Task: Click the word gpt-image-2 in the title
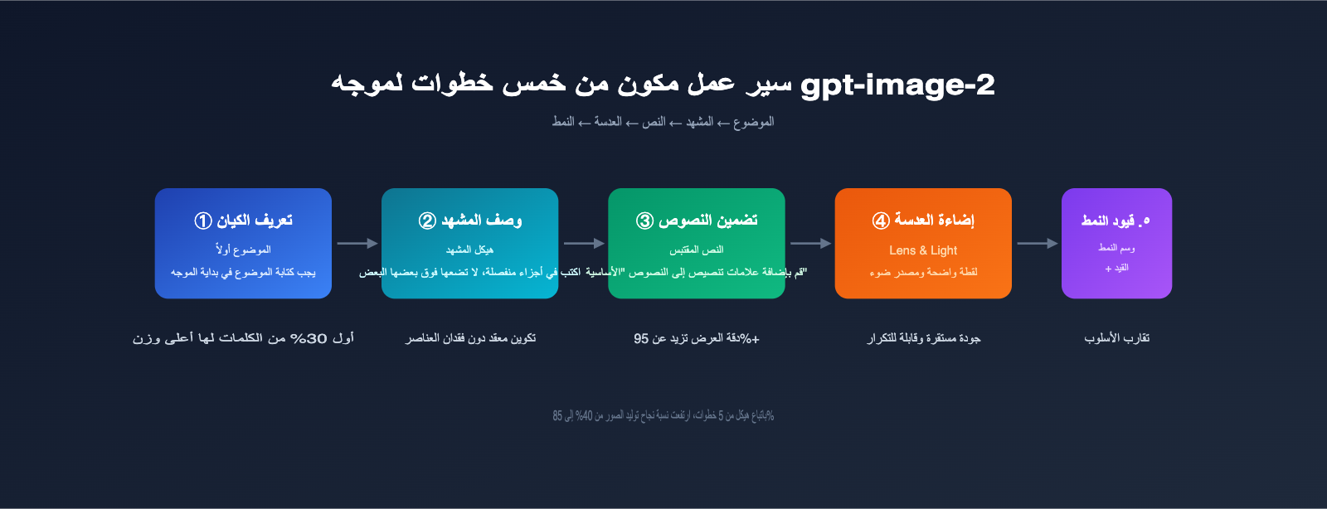point(897,85)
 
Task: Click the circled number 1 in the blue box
point(203,221)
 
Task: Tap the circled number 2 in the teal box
point(427,221)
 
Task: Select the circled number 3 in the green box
point(645,221)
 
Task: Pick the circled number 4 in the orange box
point(881,221)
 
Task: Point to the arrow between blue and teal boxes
point(357,244)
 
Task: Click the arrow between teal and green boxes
point(584,244)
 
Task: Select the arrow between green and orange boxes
point(810,244)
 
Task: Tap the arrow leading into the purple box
point(1037,244)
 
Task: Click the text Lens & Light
point(923,250)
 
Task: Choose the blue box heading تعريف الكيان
point(255,221)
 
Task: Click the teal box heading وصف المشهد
point(481,221)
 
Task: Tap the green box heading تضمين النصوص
point(707,221)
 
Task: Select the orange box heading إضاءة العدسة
point(934,221)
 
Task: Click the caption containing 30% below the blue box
point(243,338)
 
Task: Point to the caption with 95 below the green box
point(697,338)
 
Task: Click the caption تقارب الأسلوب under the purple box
point(1116,338)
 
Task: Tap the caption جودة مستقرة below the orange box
point(924,338)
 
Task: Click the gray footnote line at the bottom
point(663,415)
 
